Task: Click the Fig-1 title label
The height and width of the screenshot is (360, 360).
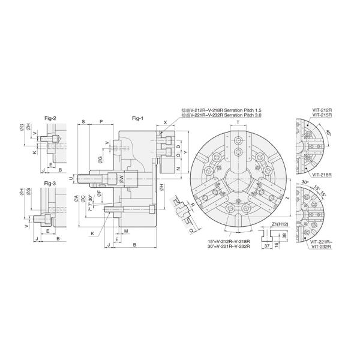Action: click(137, 118)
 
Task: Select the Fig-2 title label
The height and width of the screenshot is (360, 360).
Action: click(50, 118)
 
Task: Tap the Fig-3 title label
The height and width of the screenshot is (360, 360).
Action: click(50, 182)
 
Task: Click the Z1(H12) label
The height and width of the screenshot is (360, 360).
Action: click(264, 223)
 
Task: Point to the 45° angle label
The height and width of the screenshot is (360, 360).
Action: click(326, 133)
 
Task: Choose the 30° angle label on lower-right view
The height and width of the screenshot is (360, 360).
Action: click(305, 182)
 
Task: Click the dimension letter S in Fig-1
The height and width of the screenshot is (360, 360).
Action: click(83, 121)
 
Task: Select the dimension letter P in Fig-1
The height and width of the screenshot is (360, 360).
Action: click(101, 121)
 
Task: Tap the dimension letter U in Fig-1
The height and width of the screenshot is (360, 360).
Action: click(71, 178)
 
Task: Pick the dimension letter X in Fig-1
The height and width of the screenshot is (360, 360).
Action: click(165, 122)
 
